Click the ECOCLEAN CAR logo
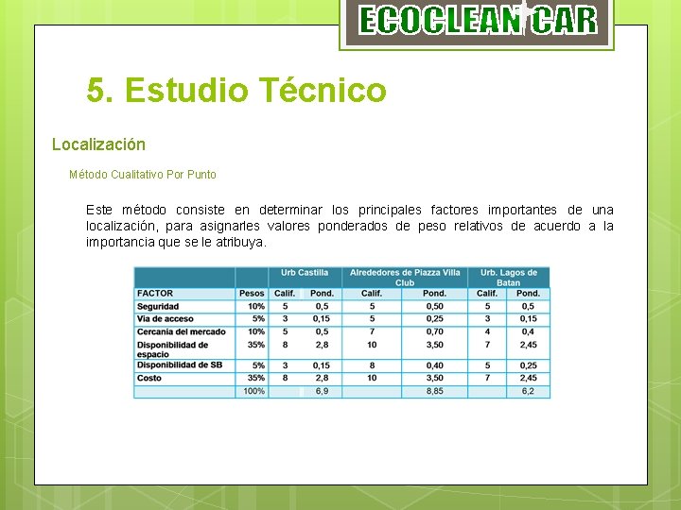coord(478,21)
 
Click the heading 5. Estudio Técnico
coord(236,91)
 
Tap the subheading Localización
coord(98,144)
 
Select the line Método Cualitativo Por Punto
coord(143,175)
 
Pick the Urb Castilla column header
coord(305,273)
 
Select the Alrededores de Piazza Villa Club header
coord(405,278)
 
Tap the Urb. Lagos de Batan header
coord(509,278)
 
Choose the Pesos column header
coord(252,294)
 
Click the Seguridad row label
coord(158,306)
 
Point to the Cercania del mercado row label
coord(181,331)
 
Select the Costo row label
coord(149,378)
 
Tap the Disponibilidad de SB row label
coord(180,365)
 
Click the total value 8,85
coord(434,391)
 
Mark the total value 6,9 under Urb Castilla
coord(322,391)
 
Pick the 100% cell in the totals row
coord(253,391)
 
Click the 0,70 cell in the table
coord(434,331)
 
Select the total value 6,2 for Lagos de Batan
coord(528,391)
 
